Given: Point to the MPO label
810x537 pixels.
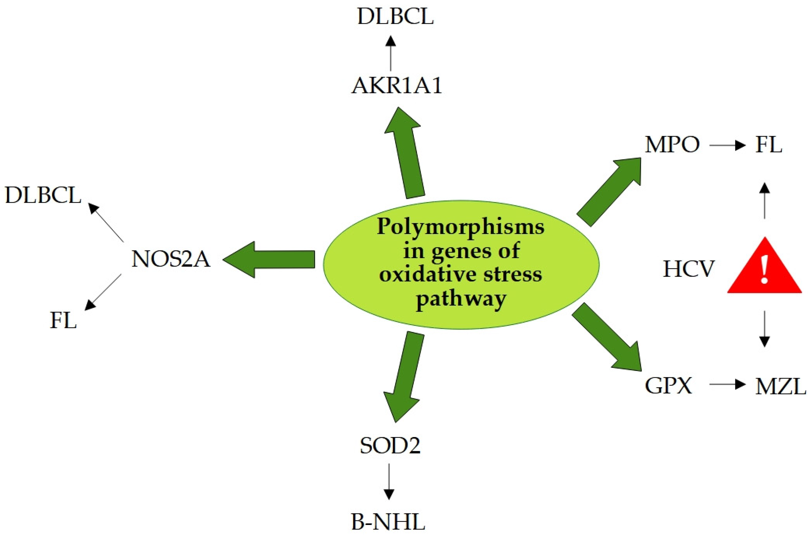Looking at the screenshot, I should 672,145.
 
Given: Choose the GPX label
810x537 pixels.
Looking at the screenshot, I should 668,386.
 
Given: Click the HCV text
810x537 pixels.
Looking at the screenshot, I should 689,269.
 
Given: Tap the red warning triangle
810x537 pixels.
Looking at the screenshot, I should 764,271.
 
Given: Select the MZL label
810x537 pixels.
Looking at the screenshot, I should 780,387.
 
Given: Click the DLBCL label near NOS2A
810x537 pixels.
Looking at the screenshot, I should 43,196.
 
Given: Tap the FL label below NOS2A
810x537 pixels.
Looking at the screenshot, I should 63,321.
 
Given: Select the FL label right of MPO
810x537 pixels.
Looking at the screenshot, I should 768,145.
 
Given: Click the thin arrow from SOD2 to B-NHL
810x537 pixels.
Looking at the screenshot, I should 388,481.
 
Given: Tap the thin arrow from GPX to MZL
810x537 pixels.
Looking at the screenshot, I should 727,384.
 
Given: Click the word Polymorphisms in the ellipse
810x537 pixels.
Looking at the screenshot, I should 460,227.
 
